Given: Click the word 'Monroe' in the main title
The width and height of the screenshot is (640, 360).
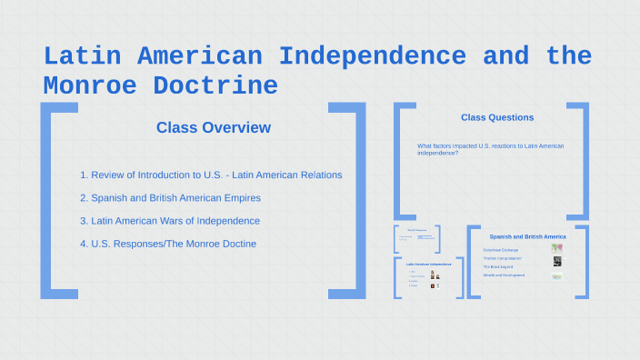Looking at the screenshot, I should tap(91, 86).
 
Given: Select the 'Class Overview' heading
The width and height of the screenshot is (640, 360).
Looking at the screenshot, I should tap(213, 127).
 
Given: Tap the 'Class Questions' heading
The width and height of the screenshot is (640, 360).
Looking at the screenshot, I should tap(497, 117).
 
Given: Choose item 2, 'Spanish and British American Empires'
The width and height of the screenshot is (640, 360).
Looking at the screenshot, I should tap(175, 197).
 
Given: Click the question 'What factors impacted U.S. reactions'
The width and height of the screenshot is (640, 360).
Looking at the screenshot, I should tap(490, 149).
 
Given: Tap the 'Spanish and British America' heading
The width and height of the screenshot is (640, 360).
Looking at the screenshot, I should tap(527, 236).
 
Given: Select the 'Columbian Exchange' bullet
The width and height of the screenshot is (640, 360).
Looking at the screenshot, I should tap(502, 249).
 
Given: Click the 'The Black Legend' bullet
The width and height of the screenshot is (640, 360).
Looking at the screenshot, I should tap(499, 266).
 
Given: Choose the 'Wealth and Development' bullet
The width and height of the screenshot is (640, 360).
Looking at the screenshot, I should tap(504, 275).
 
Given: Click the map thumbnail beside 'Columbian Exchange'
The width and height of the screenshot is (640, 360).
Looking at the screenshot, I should tap(556, 247).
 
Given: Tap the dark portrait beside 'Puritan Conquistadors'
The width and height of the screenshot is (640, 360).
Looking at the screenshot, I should tap(556, 261).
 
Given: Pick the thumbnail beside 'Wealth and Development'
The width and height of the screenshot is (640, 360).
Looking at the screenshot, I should tap(556, 275).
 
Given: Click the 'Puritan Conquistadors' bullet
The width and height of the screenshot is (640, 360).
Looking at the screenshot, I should tap(504, 258).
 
